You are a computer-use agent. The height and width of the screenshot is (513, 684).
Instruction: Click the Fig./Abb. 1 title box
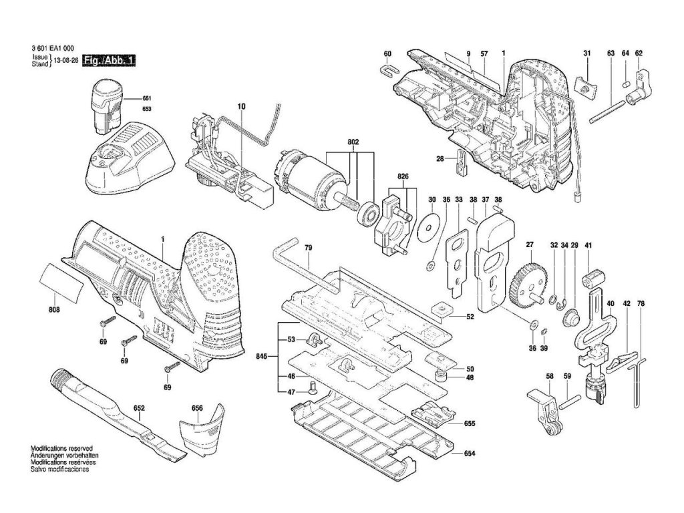tap(110, 60)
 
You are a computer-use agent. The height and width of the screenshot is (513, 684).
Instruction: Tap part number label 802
tap(353, 142)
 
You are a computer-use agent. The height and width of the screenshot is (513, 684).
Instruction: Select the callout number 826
tap(403, 176)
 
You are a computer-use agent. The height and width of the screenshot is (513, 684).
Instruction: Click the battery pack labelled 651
tap(106, 106)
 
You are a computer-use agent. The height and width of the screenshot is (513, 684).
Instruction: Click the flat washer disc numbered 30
tap(429, 227)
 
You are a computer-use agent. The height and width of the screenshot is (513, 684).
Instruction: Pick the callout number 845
tap(262, 357)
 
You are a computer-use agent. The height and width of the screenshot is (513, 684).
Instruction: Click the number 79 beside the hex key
tap(309, 248)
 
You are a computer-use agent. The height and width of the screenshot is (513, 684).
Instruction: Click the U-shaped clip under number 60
tap(389, 69)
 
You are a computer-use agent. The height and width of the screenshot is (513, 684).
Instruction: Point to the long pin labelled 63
tap(608, 112)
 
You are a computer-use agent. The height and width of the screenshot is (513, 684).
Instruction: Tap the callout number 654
tap(470, 454)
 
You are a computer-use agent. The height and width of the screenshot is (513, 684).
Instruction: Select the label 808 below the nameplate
tap(54, 310)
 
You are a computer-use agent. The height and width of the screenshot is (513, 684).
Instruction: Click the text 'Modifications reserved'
tap(61, 448)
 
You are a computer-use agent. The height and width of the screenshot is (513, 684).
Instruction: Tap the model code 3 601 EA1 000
tap(53, 49)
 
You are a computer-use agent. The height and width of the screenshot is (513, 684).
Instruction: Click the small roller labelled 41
tap(592, 277)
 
